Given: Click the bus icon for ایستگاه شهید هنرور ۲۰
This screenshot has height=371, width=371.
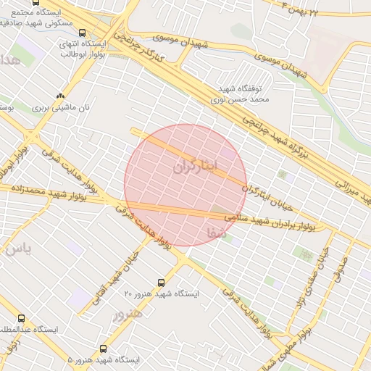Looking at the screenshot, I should pos(161,283).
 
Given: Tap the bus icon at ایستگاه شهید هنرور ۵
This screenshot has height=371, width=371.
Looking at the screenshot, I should pos(103,349).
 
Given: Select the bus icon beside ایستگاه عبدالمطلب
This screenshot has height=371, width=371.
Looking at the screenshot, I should pos(20,318).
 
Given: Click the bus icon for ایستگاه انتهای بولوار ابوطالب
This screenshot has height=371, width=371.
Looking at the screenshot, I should pos(82,33).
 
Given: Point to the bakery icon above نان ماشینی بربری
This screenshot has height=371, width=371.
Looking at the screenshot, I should pos(60,95).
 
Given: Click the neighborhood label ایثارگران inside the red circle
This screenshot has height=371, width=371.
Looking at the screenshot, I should pos(195,167).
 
